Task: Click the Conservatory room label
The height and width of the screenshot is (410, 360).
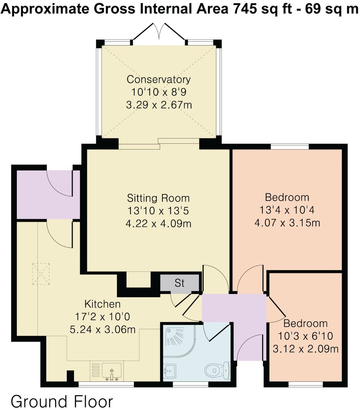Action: (159, 79)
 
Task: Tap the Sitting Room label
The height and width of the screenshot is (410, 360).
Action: (158, 198)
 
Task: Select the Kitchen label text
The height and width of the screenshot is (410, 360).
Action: (102, 304)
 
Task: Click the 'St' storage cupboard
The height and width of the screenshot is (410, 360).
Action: (179, 283)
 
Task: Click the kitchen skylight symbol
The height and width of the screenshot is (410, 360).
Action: (41, 274)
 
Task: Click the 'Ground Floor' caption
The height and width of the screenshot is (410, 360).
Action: (62, 401)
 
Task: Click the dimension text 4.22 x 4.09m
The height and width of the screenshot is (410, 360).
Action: (158, 224)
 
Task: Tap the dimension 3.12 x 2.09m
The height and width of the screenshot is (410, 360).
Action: (305, 349)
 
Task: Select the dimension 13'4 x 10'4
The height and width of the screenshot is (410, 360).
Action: (287, 210)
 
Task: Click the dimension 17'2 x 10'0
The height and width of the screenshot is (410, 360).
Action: (102, 317)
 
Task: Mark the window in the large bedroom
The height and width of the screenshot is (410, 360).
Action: (290, 146)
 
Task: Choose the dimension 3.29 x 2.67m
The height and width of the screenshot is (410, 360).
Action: (159, 105)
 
